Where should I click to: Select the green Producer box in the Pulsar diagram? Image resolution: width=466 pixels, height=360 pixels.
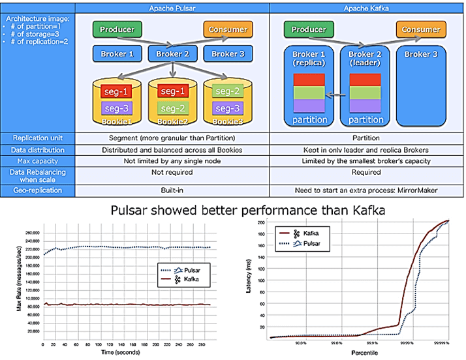117,29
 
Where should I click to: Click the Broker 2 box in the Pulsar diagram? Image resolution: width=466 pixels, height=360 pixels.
172,54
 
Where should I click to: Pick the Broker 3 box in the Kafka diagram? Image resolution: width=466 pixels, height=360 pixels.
421,54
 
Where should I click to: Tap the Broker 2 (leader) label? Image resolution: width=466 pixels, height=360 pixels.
365,59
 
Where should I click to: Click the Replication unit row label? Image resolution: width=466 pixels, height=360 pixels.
37,138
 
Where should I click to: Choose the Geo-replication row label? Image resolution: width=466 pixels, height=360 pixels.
37,190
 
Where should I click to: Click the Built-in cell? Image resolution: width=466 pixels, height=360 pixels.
172,190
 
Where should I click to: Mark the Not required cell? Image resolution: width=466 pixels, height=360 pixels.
172,173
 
